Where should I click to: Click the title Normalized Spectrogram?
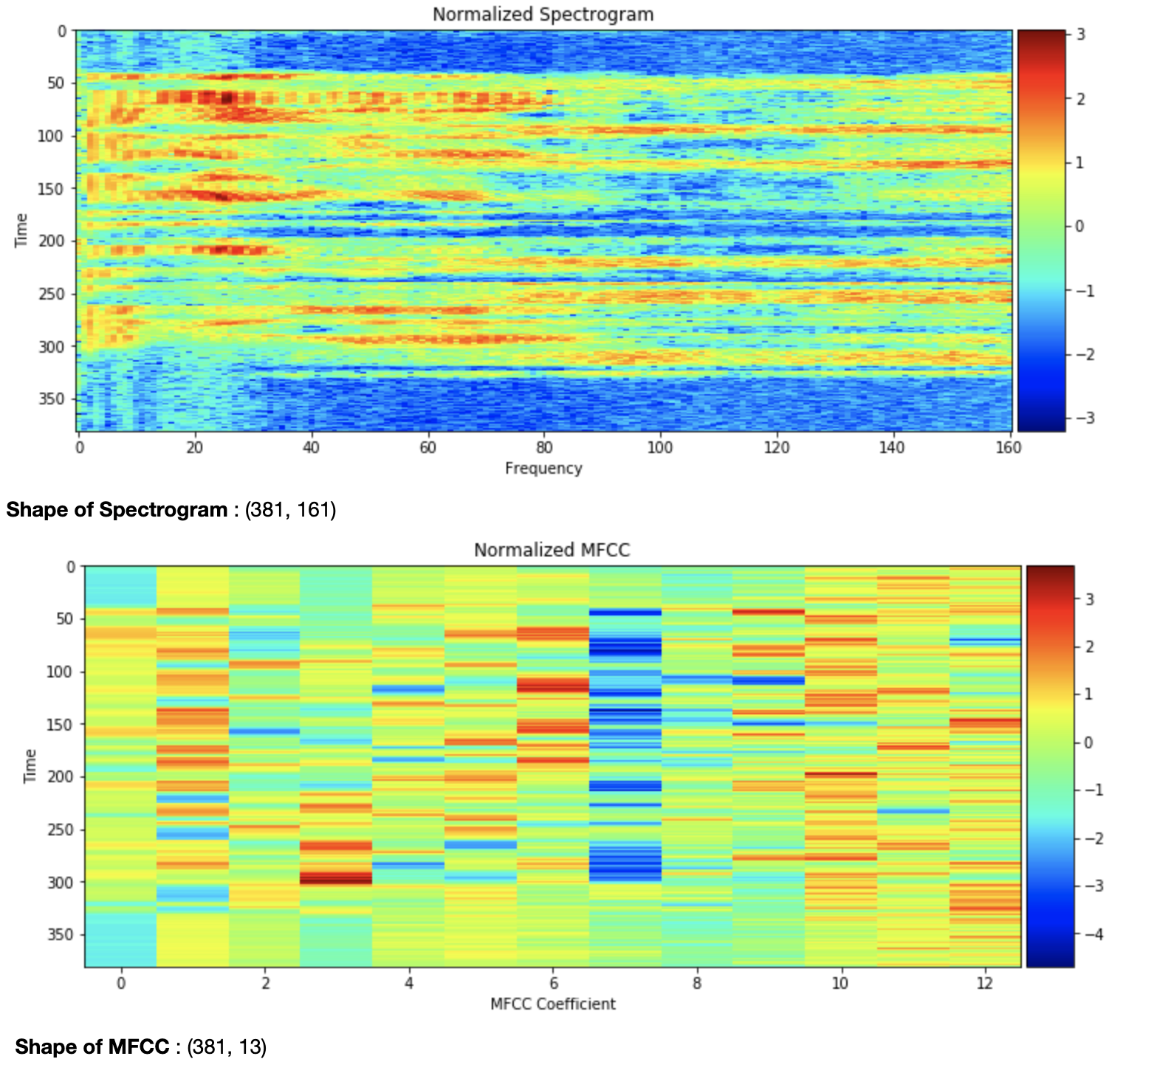tap(543, 14)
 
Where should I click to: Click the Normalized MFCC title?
tap(552, 550)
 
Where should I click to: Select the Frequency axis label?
tap(543, 468)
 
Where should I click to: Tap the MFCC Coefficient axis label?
tap(552, 1004)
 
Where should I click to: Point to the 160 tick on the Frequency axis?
tap(1008, 448)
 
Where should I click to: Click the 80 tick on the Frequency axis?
tap(543, 448)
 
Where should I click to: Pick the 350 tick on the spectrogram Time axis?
tap(52, 399)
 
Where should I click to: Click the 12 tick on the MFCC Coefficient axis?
tap(984, 983)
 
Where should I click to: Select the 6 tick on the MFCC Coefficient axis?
tap(553, 983)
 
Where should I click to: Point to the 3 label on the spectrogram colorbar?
tap(1081, 35)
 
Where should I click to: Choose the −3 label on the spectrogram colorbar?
tap(1084, 418)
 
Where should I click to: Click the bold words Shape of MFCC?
tap(92, 1046)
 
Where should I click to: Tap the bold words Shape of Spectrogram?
tap(117, 509)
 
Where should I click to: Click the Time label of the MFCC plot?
tap(30, 766)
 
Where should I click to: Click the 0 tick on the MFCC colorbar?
tap(1088, 742)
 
